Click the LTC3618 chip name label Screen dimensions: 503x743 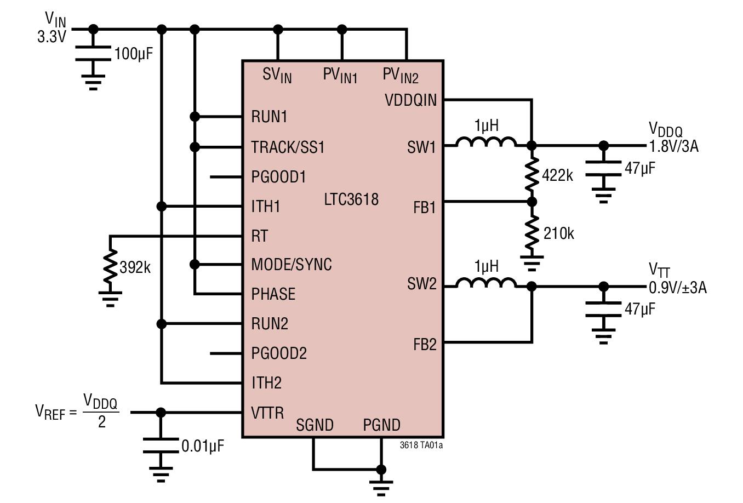[x=351, y=199]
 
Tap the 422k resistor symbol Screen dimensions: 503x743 [x=531, y=173]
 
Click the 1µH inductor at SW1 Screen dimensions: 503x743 [x=486, y=144]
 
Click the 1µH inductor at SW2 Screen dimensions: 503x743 [x=486, y=284]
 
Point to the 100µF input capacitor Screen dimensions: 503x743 [x=93, y=54]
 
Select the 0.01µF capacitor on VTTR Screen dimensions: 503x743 [x=161, y=445]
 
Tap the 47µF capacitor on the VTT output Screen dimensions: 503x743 [x=603, y=309]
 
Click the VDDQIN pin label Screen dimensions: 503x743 [x=410, y=100]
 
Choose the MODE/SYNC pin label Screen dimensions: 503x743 [x=292, y=265]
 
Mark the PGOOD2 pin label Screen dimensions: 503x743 [x=279, y=353]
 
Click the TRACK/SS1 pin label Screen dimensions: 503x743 [x=288, y=147]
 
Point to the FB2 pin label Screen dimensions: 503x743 [x=425, y=345]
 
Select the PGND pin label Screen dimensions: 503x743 [x=381, y=425]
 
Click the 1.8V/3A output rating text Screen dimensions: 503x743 [x=673, y=146]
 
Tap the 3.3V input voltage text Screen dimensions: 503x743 [x=52, y=37]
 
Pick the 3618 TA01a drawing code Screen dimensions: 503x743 [x=421, y=445]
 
